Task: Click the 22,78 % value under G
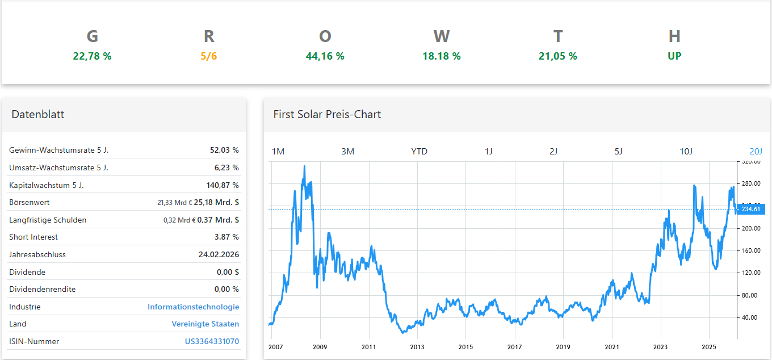[x=92, y=56]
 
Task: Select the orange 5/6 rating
[x=209, y=56]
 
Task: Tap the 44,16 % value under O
[x=325, y=56]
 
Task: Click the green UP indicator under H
[x=674, y=56]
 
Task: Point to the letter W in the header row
[x=441, y=36]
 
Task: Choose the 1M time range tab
[x=278, y=152]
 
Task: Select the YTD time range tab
[x=419, y=152]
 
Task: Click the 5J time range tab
[x=619, y=152]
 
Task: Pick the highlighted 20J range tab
[x=756, y=152]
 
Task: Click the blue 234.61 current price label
[x=750, y=209]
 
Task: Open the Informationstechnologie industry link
[x=193, y=307]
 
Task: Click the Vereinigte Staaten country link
[x=205, y=324]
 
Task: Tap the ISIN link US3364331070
[x=212, y=341]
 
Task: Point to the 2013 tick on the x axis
[x=417, y=347]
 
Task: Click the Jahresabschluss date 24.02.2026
[x=219, y=254]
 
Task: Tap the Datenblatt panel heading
[x=38, y=115]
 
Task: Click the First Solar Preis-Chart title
[x=327, y=115]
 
